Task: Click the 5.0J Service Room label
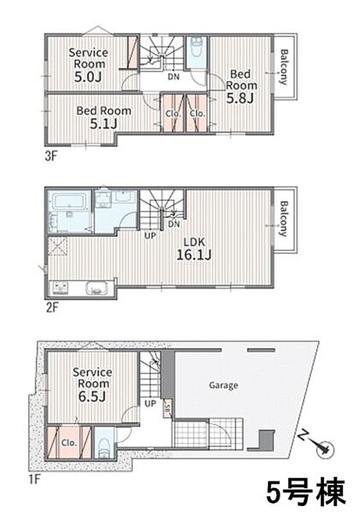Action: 88,65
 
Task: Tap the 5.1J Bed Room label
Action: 104,117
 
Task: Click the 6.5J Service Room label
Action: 92,384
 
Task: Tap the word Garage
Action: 224,385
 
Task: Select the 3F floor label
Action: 51,156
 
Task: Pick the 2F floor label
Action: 52,307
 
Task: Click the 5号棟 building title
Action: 306,493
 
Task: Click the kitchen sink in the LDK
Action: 97,288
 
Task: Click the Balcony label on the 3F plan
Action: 284,67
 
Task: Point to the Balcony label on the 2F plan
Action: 284,218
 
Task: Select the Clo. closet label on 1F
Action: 69,443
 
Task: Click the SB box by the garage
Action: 167,408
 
